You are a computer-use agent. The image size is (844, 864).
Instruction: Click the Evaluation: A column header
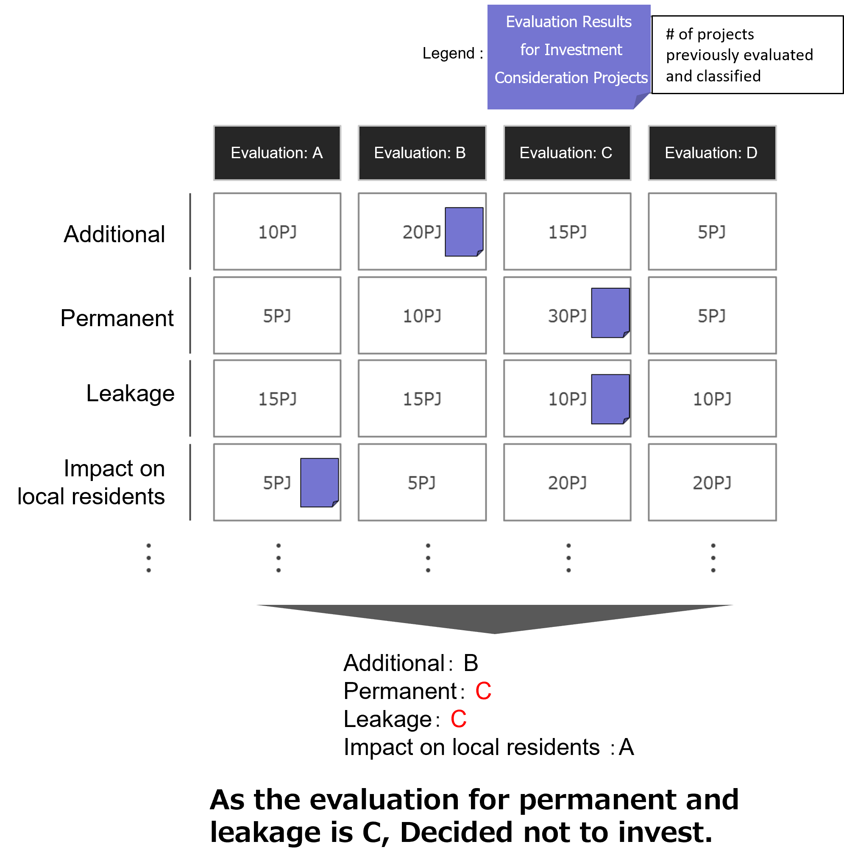[x=277, y=153]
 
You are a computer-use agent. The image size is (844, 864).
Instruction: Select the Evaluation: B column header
[x=421, y=153]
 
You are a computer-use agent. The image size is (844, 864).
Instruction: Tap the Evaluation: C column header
[x=567, y=153]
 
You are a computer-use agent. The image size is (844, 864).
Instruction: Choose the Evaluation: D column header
[x=712, y=153]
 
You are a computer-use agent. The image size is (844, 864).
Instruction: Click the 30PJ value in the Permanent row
[x=567, y=316]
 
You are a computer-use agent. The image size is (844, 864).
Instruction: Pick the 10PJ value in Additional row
[x=278, y=232]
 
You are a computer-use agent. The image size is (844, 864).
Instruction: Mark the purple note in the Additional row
[x=464, y=232]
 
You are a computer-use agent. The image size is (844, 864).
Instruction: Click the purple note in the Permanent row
[x=610, y=313]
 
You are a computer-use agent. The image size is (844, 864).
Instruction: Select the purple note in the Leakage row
[x=610, y=399]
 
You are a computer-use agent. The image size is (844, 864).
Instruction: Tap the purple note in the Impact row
[x=319, y=483]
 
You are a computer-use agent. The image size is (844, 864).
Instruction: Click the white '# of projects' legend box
[x=747, y=55]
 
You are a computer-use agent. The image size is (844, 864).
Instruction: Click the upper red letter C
[x=483, y=691]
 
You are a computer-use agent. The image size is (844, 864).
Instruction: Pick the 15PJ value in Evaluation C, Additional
[x=567, y=232]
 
